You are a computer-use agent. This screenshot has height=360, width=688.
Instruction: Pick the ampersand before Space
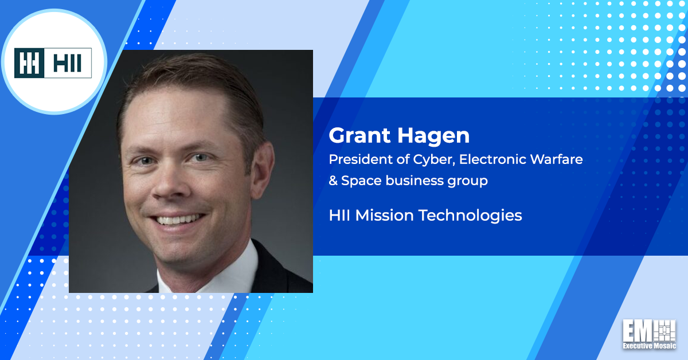pos(333,181)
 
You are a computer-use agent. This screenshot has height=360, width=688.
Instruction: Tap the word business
pos(415,181)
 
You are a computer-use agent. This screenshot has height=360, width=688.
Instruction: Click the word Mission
pos(384,216)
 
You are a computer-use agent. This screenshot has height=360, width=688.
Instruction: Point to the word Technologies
pos(471,216)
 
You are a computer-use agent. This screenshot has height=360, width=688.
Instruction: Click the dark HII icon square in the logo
pos(29,63)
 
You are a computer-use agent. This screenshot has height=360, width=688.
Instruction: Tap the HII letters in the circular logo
pos(67,63)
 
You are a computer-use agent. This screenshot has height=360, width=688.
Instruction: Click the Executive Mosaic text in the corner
pos(649,346)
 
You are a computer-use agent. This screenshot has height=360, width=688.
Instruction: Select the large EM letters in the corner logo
pos(638,331)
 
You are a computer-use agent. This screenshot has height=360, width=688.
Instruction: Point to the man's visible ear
pos(262,170)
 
